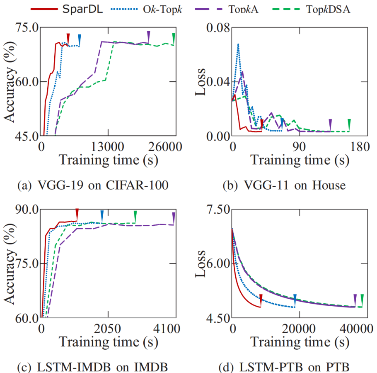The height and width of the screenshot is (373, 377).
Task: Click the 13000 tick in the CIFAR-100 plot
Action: click(108, 147)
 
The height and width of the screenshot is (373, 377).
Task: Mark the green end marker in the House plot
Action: click(349, 124)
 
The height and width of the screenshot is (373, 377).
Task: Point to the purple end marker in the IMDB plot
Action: click(174, 217)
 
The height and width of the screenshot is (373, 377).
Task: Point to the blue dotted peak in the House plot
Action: click(238, 44)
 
